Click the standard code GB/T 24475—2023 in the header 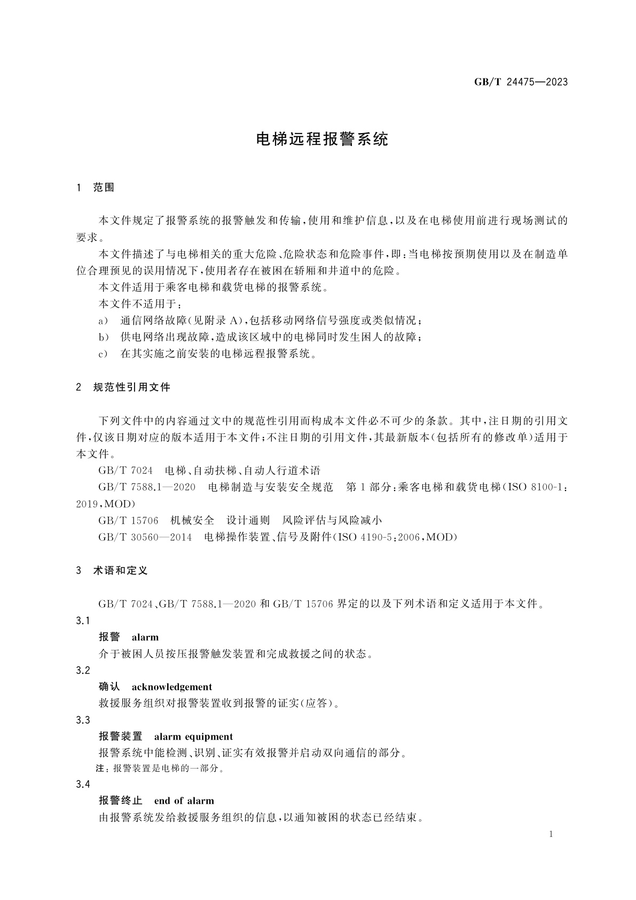tap(521, 82)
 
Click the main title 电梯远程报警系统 tap(323, 139)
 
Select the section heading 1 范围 tap(96, 188)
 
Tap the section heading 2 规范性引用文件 tap(123, 387)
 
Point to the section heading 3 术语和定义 tap(112, 570)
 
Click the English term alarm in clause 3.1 tap(145, 637)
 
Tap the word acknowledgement tap(172, 687)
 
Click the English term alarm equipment tap(193, 736)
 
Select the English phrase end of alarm tap(184, 801)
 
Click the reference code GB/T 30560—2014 tap(145, 537)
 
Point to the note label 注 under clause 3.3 tap(99, 769)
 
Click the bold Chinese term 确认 tap(109, 687)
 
